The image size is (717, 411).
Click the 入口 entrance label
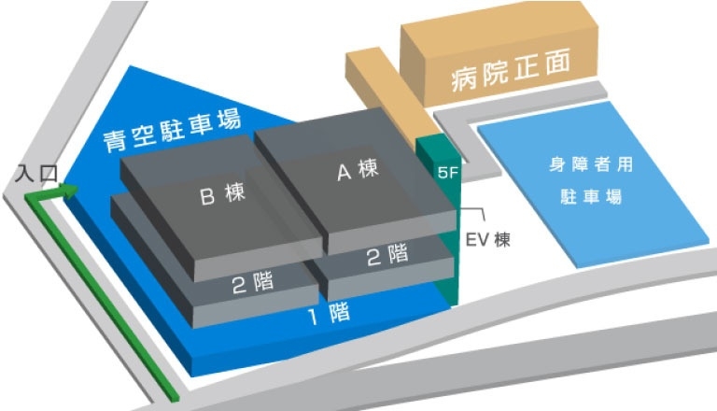[x=37, y=174]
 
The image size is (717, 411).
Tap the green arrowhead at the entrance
[x=69, y=191]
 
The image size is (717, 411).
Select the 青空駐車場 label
[x=172, y=133]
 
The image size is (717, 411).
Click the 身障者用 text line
[x=591, y=166]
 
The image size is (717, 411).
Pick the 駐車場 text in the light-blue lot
[x=591, y=198]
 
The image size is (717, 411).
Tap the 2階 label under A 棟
[x=387, y=254]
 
